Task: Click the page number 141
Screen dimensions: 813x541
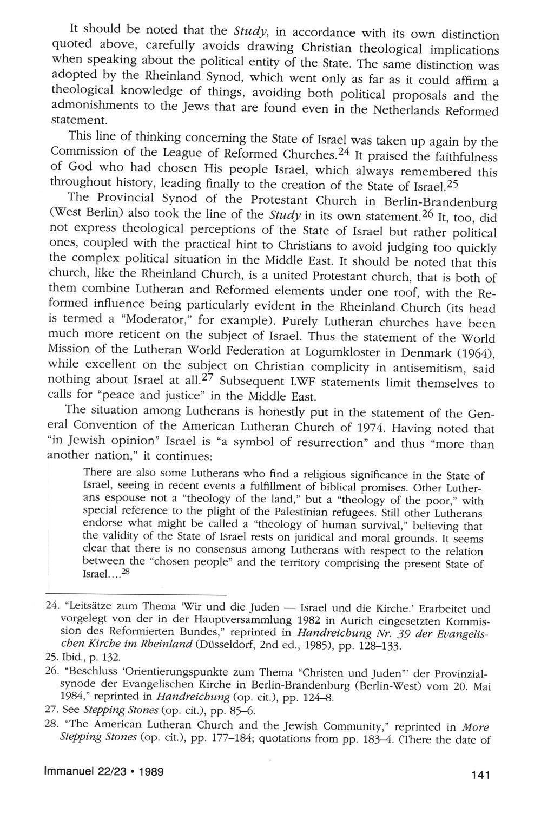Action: click(x=480, y=776)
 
